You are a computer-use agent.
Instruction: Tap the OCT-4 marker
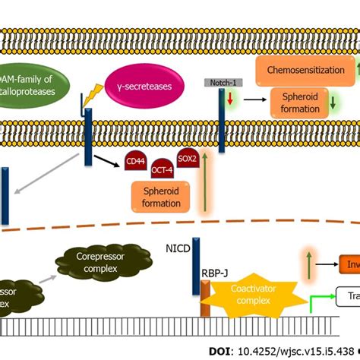click(x=160, y=169)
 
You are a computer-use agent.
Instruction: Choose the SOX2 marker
click(x=185, y=159)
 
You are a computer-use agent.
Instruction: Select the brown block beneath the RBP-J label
click(x=204, y=300)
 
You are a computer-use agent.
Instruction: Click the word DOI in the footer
click(x=221, y=351)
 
